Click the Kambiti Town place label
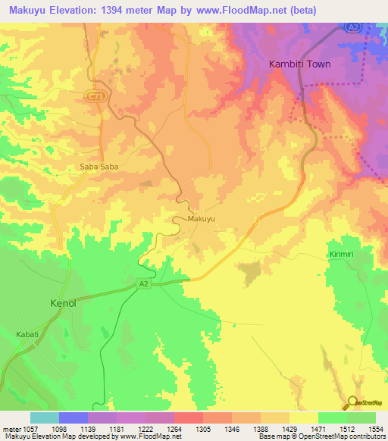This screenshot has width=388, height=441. coord(300,64)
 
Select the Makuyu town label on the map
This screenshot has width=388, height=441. coord(202,219)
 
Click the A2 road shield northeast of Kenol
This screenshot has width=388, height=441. coord(143,283)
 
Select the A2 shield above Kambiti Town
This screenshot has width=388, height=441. coord(352,27)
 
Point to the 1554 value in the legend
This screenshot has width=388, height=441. coord(375,428)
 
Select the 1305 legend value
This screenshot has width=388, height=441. coord(203,428)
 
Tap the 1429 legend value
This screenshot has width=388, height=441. coord(289,428)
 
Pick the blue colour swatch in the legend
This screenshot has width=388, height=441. coord(73,418)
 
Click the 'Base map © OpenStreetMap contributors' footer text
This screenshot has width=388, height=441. coord(321,436)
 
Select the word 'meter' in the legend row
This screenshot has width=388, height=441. coord(11,428)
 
